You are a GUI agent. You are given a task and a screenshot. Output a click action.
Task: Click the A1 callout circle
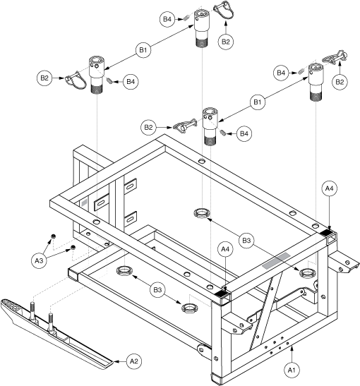click(292, 370)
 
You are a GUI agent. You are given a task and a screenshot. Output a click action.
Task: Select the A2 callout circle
click(133, 361)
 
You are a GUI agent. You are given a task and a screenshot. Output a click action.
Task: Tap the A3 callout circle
click(39, 260)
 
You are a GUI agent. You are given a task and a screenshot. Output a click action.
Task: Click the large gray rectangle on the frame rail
click(276, 260)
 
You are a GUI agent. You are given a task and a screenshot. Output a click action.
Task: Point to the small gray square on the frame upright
click(84, 203)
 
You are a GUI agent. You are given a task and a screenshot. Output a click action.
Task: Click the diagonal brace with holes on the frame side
click(265, 312)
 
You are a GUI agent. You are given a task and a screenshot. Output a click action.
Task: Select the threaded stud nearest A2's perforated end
click(33, 311)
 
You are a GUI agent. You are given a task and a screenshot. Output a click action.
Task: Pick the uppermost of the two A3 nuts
click(53, 236)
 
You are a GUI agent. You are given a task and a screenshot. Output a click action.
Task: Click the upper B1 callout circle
click(143, 50)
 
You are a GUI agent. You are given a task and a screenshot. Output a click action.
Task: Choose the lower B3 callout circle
click(157, 289)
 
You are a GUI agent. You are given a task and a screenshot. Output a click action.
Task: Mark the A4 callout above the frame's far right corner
click(329, 188)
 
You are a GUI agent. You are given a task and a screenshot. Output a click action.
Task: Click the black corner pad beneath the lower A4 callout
click(222, 294)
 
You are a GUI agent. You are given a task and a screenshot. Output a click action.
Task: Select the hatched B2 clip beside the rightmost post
click(335, 58)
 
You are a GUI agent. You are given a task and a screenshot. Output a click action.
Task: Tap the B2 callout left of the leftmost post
click(44, 78)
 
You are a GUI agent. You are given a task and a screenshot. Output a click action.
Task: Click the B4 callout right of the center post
click(244, 133)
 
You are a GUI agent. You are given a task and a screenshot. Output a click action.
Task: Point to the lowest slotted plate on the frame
click(131, 219)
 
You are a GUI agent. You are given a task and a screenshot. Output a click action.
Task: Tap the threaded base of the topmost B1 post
click(202, 42)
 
